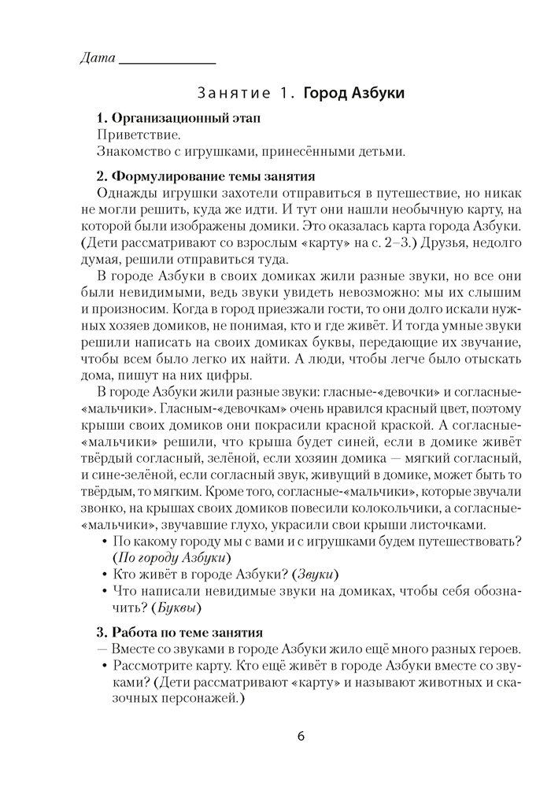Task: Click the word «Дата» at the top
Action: [x=98, y=58]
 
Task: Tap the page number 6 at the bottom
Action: [x=301, y=737]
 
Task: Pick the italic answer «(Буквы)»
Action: [x=174, y=608]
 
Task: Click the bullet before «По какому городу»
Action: [x=105, y=541]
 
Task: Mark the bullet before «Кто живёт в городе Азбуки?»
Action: [x=105, y=575]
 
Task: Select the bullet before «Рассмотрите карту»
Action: [x=105, y=666]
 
